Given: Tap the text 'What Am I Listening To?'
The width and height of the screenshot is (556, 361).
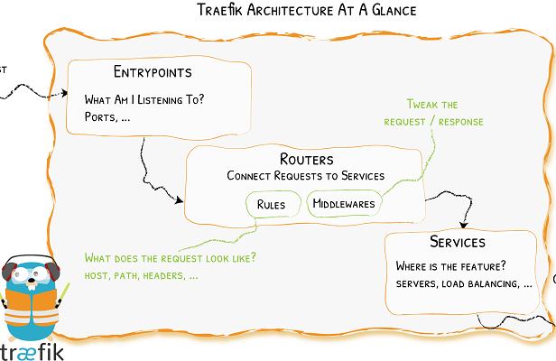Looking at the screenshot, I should [144, 99].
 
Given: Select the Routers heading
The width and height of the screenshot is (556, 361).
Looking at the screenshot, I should [307, 160].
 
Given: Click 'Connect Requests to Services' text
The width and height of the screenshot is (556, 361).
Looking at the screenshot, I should [306, 176].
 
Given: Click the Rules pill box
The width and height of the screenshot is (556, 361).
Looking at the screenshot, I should [272, 205].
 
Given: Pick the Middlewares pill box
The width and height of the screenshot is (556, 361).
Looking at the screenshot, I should [343, 205].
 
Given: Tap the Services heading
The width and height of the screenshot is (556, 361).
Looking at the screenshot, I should [458, 243].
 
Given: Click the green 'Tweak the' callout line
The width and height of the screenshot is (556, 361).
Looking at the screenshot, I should [432, 104].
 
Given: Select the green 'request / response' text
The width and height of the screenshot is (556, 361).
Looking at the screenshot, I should [433, 122].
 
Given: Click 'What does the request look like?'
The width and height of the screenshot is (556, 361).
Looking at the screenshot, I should [170, 257].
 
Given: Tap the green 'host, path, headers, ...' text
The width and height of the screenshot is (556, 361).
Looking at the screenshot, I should [141, 274].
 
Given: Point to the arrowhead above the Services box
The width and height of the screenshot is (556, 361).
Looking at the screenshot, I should [465, 226].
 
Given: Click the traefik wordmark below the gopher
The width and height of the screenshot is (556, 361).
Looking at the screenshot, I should [32, 351].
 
